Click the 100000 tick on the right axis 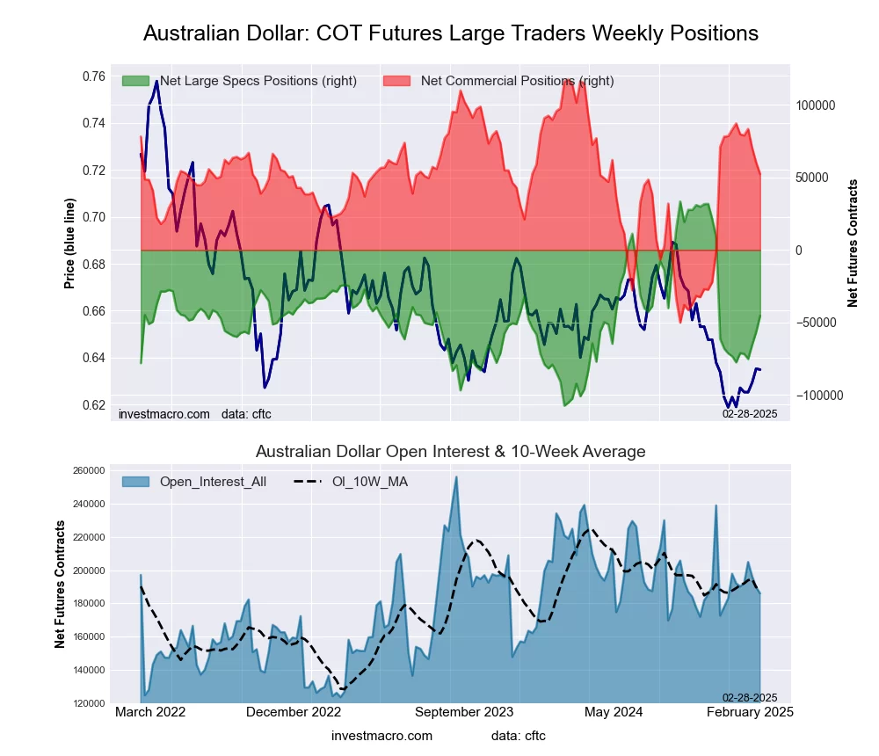tap(815, 105)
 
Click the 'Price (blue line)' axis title tap(69, 240)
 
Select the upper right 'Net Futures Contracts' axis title tap(853, 243)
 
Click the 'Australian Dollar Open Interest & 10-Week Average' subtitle tap(450, 452)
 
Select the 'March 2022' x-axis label tap(151, 712)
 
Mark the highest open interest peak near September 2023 tap(456, 476)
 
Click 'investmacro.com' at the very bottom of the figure tap(381, 736)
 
